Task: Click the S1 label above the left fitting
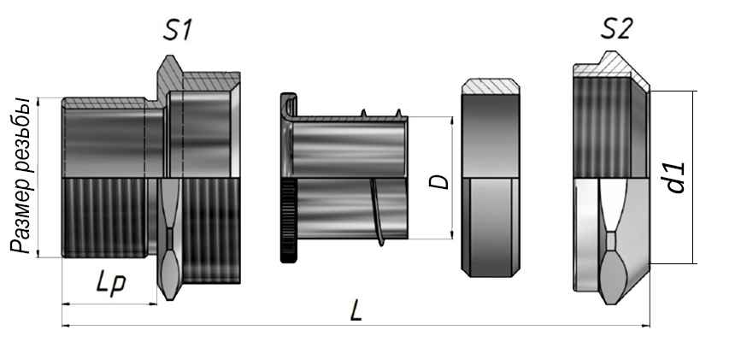pyautogui.click(x=177, y=31)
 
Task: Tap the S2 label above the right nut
pyautogui.click(x=616, y=30)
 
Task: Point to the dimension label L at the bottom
pyautogui.click(x=356, y=312)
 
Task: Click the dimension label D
pyautogui.click(x=438, y=181)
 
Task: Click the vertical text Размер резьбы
pyautogui.click(x=22, y=175)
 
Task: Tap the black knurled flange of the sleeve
pyautogui.click(x=289, y=221)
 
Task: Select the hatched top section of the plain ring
pyautogui.click(x=491, y=86)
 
